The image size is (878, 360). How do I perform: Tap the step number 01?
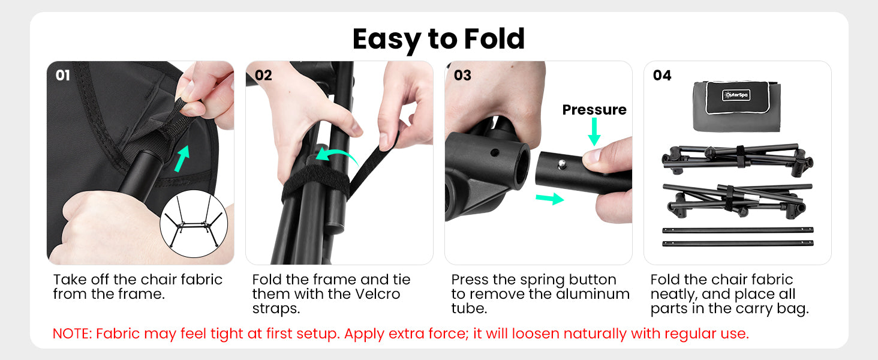tap(63, 75)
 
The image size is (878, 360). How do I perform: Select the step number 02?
tap(263, 75)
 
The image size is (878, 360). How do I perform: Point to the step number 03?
tap(462, 75)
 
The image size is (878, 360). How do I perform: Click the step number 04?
tap(662, 75)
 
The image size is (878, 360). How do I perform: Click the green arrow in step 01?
tap(182, 158)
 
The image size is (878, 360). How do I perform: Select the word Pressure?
tap(594, 110)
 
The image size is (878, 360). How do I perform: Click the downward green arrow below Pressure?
tap(594, 132)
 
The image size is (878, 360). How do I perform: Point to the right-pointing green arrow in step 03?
tap(550, 199)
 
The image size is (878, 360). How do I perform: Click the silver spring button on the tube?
tap(562, 163)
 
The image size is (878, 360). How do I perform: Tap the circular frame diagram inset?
tap(194, 224)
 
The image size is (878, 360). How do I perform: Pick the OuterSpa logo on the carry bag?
tap(736, 95)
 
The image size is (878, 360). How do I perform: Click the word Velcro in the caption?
tap(377, 294)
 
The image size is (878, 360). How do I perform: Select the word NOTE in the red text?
tap(72, 334)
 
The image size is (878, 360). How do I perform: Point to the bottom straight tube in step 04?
tap(738, 244)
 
